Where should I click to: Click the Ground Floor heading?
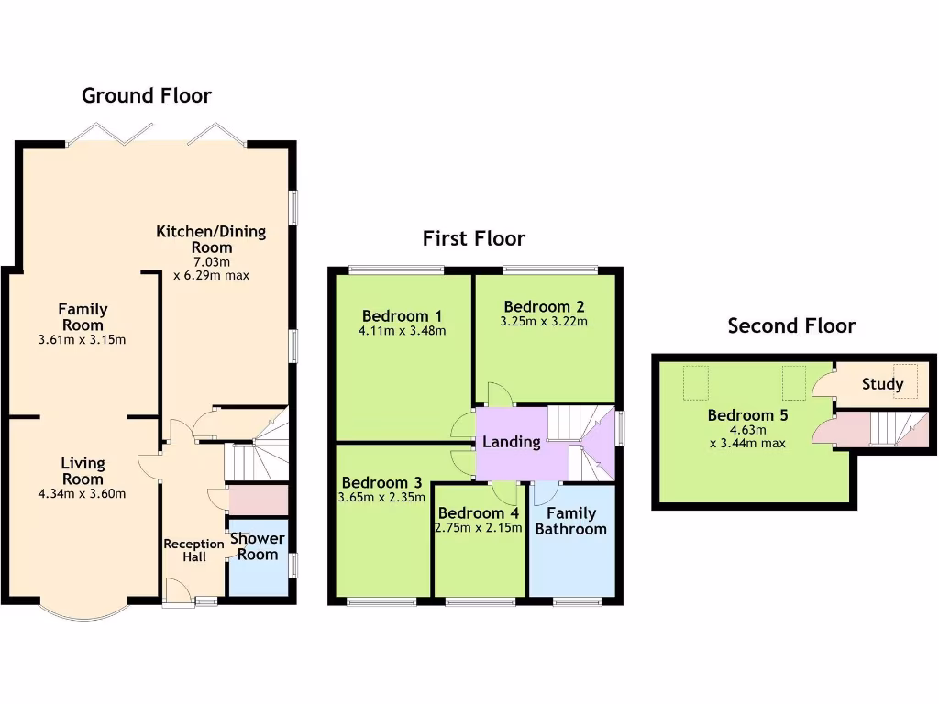point(147,95)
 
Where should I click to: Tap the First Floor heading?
point(473,239)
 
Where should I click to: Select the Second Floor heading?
point(791,325)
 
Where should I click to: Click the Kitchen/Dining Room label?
point(211,239)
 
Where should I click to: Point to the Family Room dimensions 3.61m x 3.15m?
point(83,340)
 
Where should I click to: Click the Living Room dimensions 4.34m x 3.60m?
point(83,494)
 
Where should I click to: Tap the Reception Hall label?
point(193,550)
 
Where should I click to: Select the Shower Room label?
point(257,546)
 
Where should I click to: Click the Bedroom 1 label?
point(402,315)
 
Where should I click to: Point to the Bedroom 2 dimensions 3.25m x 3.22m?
point(544,322)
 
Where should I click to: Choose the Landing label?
point(511,442)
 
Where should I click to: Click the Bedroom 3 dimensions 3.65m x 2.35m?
point(381,498)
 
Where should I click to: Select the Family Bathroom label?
point(570,521)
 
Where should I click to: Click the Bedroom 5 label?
point(747,415)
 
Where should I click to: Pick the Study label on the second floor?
point(882,384)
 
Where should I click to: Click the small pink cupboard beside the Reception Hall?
point(258,500)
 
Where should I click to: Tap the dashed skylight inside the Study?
point(906,377)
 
